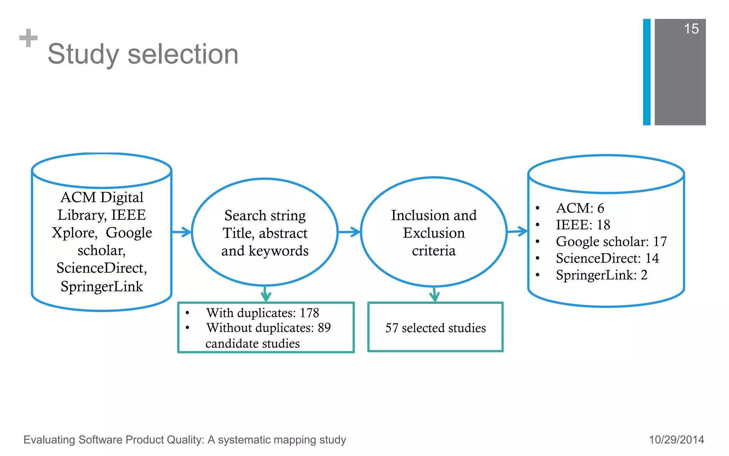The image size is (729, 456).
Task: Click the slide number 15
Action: pyautogui.click(x=691, y=29)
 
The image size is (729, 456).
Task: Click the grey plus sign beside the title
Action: pyautogui.click(x=28, y=38)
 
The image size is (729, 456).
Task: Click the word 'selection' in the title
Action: pyautogui.click(x=183, y=54)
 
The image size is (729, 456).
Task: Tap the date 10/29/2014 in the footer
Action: pyautogui.click(x=676, y=440)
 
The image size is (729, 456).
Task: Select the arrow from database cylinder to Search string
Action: pyautogui.click(x=182, y=232)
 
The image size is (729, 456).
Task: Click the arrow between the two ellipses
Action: pyautogui.click(x=349, y=232)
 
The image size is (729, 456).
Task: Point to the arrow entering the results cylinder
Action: pyautogui.click(x=517, y=231)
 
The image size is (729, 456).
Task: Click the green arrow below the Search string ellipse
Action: pyautogui.click(x=266, y=294)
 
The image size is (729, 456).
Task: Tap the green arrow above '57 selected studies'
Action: pyautogui.click(x=434, y=295)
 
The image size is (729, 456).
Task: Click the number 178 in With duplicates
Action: pyautogui.click(x=309, y=313)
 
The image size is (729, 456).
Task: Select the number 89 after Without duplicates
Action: pyautogui.click(x=324, y=328)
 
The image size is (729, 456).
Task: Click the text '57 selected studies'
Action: pyautogui.click(x=435, y=328)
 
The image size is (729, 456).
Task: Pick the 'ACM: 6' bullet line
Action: pyautogui.click(x=580, y=208)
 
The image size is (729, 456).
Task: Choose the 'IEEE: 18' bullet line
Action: pyautogui.click(x=583, y=225)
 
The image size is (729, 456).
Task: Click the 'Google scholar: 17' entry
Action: pyautogui.click(x=611, y=242)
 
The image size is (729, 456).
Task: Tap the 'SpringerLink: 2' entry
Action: pyautogui.click(x=602, y=275)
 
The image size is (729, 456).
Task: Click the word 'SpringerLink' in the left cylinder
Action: pyautogui.click(x=102, y=286)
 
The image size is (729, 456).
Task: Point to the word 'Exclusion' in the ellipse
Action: pyautogui.click(x=434, y=233)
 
